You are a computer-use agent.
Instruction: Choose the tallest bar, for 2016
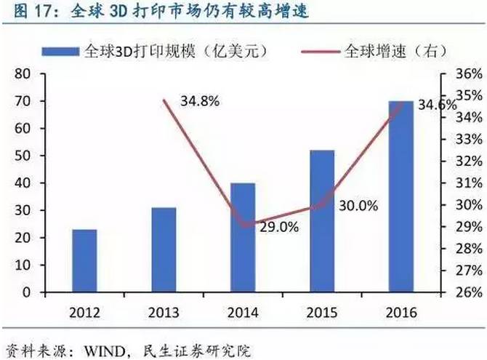click(x=401, y=196)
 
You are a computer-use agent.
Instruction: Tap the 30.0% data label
click(x=358, y=206)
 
